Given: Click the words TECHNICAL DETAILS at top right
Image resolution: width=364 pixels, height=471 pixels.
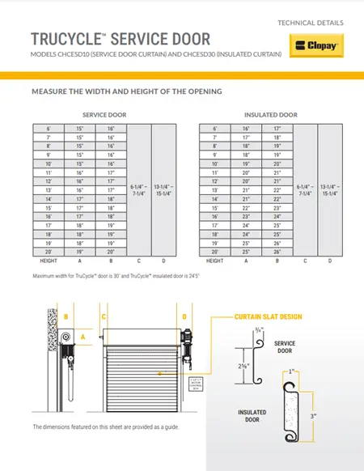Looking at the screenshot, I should [x=311, y=22].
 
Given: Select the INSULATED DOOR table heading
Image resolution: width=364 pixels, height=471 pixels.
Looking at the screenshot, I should [x=270, y=115].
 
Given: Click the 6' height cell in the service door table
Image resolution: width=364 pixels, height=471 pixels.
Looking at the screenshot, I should [x=48, y=128].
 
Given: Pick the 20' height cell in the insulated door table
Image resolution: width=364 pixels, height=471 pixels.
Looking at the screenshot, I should [x=215, y=252].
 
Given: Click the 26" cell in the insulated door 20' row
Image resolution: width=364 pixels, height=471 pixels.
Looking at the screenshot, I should [x=277, y=252].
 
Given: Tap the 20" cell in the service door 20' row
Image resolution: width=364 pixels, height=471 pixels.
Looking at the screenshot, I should [x=110, y=252].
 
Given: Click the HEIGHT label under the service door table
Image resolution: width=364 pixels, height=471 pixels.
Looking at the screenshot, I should [x=48, y=261].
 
